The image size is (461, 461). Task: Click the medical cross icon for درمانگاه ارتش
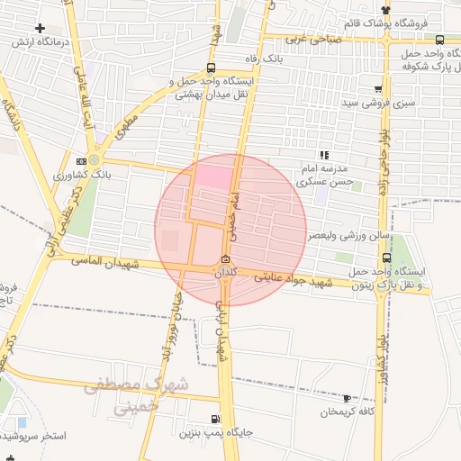point(41,28)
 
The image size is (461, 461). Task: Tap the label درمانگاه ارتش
point(41,42)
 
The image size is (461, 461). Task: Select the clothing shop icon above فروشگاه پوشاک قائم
point(386,9)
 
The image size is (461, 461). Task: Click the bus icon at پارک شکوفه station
point(439,40)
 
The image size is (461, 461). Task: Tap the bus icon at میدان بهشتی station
point(211,68)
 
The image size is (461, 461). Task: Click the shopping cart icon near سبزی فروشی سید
point(377,89)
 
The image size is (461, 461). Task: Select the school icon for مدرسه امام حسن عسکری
point(323,156)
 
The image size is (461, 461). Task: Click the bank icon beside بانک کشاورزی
point(82,162)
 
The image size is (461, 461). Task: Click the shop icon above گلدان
point(224,260)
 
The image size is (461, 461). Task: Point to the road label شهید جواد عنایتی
point(294,280)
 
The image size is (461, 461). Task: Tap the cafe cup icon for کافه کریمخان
point(347,398)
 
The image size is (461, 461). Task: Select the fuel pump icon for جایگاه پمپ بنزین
point(214,419)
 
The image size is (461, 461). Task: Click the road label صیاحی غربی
point(315,39)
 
